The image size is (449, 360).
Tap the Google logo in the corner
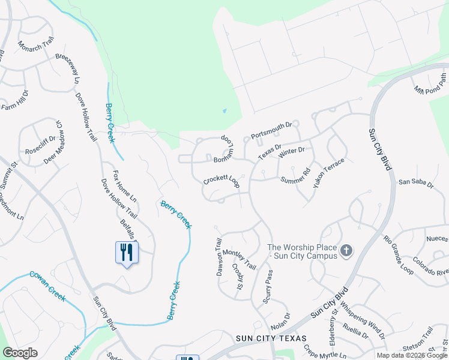pyautogui.click(x=20, y=353)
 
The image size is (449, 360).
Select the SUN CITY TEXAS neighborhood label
pyautogui.click(x=271, y=339)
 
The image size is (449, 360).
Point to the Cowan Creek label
pyautogui.click(x=47, y=278)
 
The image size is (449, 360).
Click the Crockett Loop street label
pyautogui.click(x=221, y=181)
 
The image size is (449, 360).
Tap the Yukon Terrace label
pyautogui.click(x=328, y=173)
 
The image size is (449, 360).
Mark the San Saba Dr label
pyautogui.click(x=415, y=182)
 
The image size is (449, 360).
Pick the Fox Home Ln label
pyautogui.click(x=124, y=186)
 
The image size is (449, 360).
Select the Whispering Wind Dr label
pyautogui.click(x=363, y=314)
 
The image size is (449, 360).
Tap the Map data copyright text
pyautogui.click(x=412, y=355)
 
